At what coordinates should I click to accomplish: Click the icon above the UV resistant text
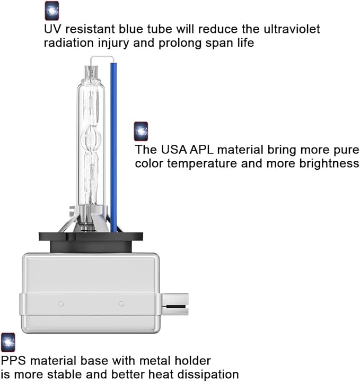coord(52,11)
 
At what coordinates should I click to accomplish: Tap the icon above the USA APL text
coord(141,132)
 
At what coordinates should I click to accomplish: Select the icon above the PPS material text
coord(8,342)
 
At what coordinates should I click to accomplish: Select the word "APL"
coord(201,150)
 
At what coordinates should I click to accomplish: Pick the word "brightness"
coord(329,164)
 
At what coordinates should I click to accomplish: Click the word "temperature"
coord(202,164)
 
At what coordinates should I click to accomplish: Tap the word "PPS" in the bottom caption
coord(13,361)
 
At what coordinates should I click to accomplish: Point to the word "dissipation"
coord(208,375)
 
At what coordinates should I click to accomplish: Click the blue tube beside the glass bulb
coord(113,147)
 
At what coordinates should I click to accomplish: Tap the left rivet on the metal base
coord(61,304)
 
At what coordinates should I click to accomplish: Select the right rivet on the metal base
coord(121,304)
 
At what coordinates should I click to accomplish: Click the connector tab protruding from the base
coord(175,304)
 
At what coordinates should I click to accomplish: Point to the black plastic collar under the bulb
coord(91,242)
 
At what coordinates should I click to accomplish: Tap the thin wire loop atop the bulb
coord(102,57)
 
